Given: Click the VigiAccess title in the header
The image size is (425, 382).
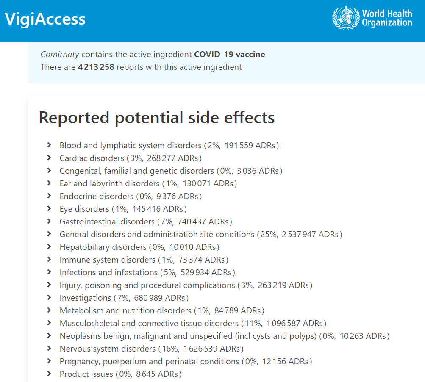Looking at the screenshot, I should click(45, 19).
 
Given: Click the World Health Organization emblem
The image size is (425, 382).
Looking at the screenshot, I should click(345, 17).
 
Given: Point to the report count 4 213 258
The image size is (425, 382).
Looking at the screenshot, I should click(96, 67).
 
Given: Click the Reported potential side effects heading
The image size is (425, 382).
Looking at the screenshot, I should click(157, 117).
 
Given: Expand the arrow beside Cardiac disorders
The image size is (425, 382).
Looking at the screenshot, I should click(50, 158).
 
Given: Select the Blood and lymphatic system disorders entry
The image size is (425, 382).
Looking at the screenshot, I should click(131, 145).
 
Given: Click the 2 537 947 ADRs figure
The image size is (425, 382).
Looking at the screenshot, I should click(311, 234).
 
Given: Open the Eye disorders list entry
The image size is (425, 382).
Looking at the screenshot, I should click(84, 209).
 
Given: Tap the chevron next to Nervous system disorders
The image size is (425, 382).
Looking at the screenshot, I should click(50, 349).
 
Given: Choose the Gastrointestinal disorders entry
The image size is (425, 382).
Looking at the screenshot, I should click(107, 221).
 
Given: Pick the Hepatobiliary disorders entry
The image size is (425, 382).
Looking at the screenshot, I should click(103, 247).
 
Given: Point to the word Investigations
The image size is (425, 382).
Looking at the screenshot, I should click(85, 298).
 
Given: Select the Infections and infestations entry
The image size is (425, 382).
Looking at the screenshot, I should click(108, 272).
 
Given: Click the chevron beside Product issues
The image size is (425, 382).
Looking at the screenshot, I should click(50, 374).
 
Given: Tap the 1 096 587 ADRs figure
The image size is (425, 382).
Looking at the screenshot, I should click(296, 323).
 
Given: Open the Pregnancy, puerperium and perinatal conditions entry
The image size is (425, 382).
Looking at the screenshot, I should click(149, 361).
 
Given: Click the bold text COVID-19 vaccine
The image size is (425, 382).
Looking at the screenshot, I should click(230, 54).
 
